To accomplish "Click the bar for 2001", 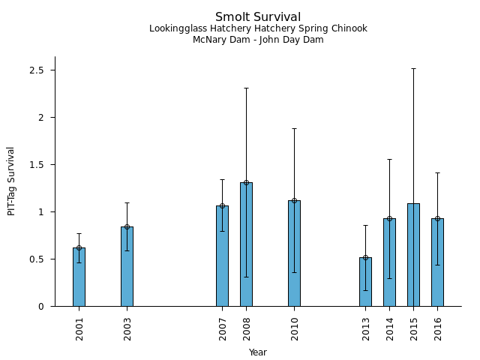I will (79, 277).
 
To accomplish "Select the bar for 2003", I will (127, 266).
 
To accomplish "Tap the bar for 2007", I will (222, 256).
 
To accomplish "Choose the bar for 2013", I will (365, 282).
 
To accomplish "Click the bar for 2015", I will (413, 255).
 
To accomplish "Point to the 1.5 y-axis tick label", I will (37, 165).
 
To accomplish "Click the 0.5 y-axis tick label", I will (37, 259).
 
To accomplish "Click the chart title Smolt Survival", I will (258, 17).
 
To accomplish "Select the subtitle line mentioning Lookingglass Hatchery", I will (258, 29).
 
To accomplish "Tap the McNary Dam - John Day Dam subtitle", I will (258, 40).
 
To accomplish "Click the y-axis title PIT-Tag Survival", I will (11, 181).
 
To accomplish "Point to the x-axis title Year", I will (258, 352).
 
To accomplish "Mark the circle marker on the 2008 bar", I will (246, 182).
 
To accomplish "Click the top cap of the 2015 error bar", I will (413, 69).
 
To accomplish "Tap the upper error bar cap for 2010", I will (294, 129).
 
